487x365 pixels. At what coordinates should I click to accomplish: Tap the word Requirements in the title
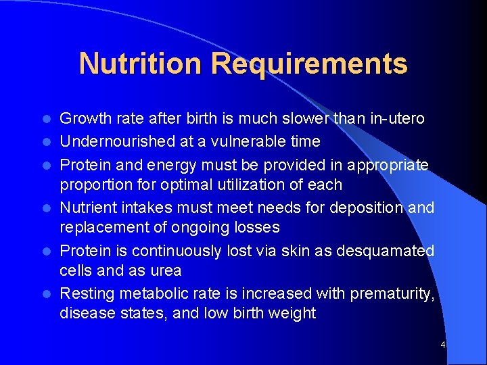(309, 64)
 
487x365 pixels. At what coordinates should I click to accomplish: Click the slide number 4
(442, 345)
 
